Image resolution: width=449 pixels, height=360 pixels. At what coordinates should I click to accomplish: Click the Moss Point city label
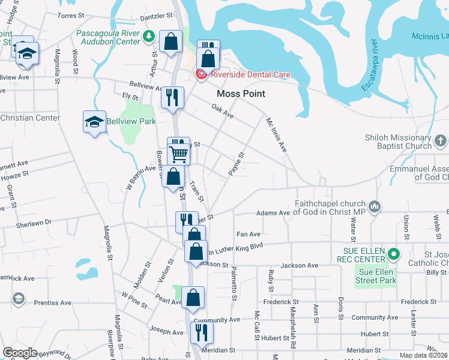pyautogui.click(x=241, y=94)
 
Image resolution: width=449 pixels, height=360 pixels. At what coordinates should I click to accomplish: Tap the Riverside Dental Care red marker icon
pyautogui.click(x=200, y=74)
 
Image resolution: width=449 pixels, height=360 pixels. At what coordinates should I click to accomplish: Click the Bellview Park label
pyautogui.click(x=131, y=121)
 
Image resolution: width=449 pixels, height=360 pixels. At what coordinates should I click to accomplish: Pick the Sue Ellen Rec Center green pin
pyautogui.click(x=394, y=254)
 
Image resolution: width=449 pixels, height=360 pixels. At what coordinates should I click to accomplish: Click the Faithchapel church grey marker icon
pyautogui.click(x=376, y=207)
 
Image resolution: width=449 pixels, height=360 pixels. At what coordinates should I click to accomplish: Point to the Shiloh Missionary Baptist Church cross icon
pyautogui.click(x=441, y=142)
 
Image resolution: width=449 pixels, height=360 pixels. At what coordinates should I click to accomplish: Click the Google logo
pyautogui.click(x=20, y=353)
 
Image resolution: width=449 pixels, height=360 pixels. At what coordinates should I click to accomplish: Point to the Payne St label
pyautogui.click(x=237, y=164)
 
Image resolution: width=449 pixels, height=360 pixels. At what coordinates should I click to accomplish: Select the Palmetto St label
pyautogui.click(x=234, y=284)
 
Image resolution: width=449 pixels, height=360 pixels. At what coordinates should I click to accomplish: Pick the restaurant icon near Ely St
pyautogui.click(x=172, y=97)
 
